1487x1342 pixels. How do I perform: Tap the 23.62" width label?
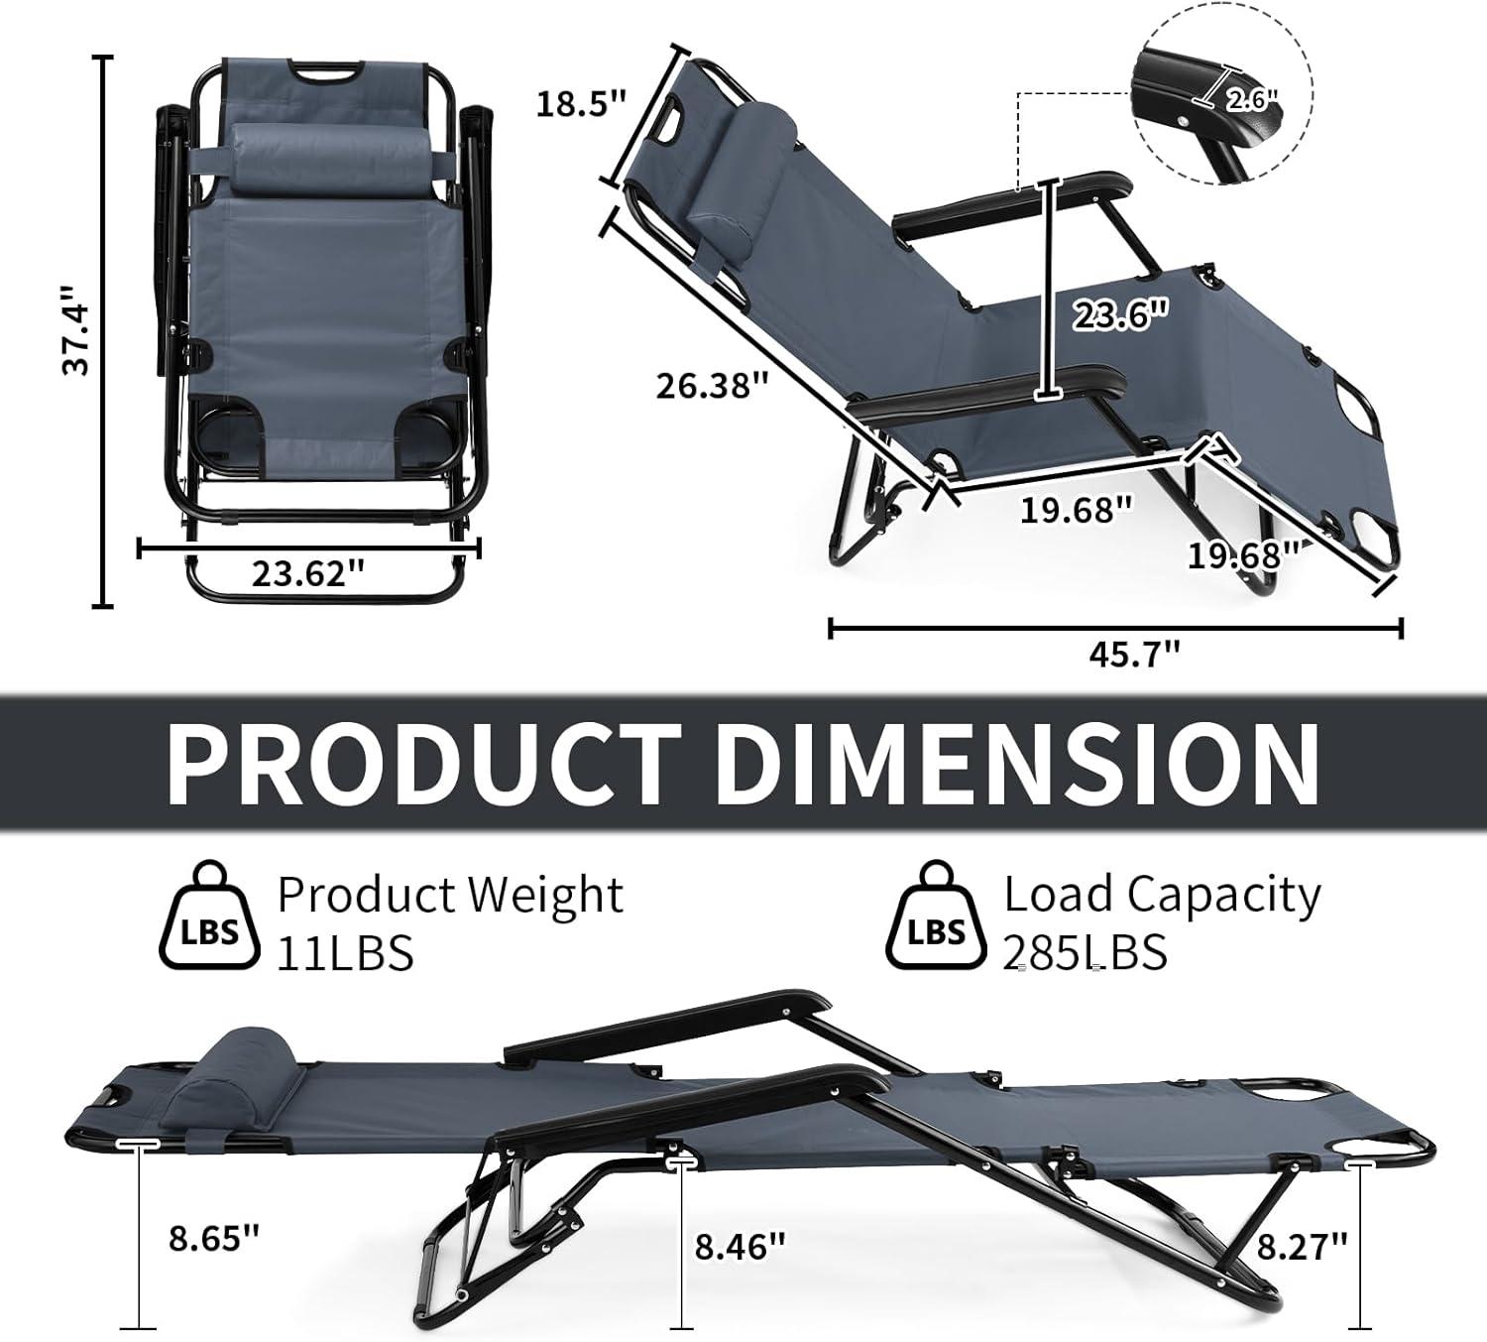pos(308,572)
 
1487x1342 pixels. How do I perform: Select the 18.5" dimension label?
pos(582,104)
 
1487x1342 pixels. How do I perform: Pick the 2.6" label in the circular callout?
pos(1252,99)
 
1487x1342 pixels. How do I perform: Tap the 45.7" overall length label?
pos(1134,654)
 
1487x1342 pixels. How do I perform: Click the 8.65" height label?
pos(214,1238)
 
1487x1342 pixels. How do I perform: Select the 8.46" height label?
pos(740,1247)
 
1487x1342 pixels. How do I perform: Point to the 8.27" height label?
pos(1302,1246)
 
